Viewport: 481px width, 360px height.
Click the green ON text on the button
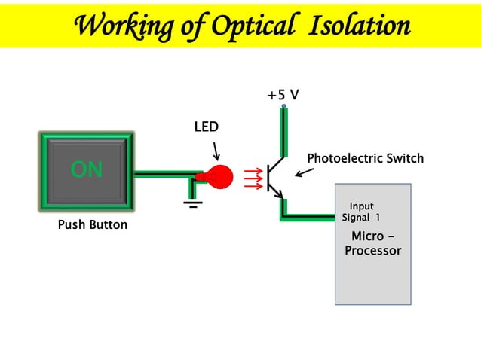pyautogui.click(x=87, y=170)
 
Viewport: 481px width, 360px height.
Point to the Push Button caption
pyautogui.click(x=92, y=224)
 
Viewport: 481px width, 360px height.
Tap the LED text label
pyautogui.click(x=206, y=127)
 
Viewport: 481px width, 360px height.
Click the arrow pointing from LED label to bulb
pyautogui.click(x=216, y=150)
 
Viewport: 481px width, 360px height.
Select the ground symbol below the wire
pyautogui.click(x=194, y=201)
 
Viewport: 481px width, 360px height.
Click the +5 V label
pyautogui.click(x=283, y=95)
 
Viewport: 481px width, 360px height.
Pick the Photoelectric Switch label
pyautogui.click(x=365, y=158)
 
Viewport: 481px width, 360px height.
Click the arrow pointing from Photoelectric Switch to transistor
pyautogui.click(x=304, y=172)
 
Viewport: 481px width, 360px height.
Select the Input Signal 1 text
pyautogui.click(x=361, y=212)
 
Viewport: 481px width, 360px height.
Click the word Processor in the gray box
pyautogui.click(x=372, y=251)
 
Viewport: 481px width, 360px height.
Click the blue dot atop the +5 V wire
pyautogui.click(x=284, y=107)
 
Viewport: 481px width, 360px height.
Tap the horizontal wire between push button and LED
pyautogui.click(x=166, y=174)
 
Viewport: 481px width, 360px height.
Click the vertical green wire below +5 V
pyautogui.click(x=284, y=132)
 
